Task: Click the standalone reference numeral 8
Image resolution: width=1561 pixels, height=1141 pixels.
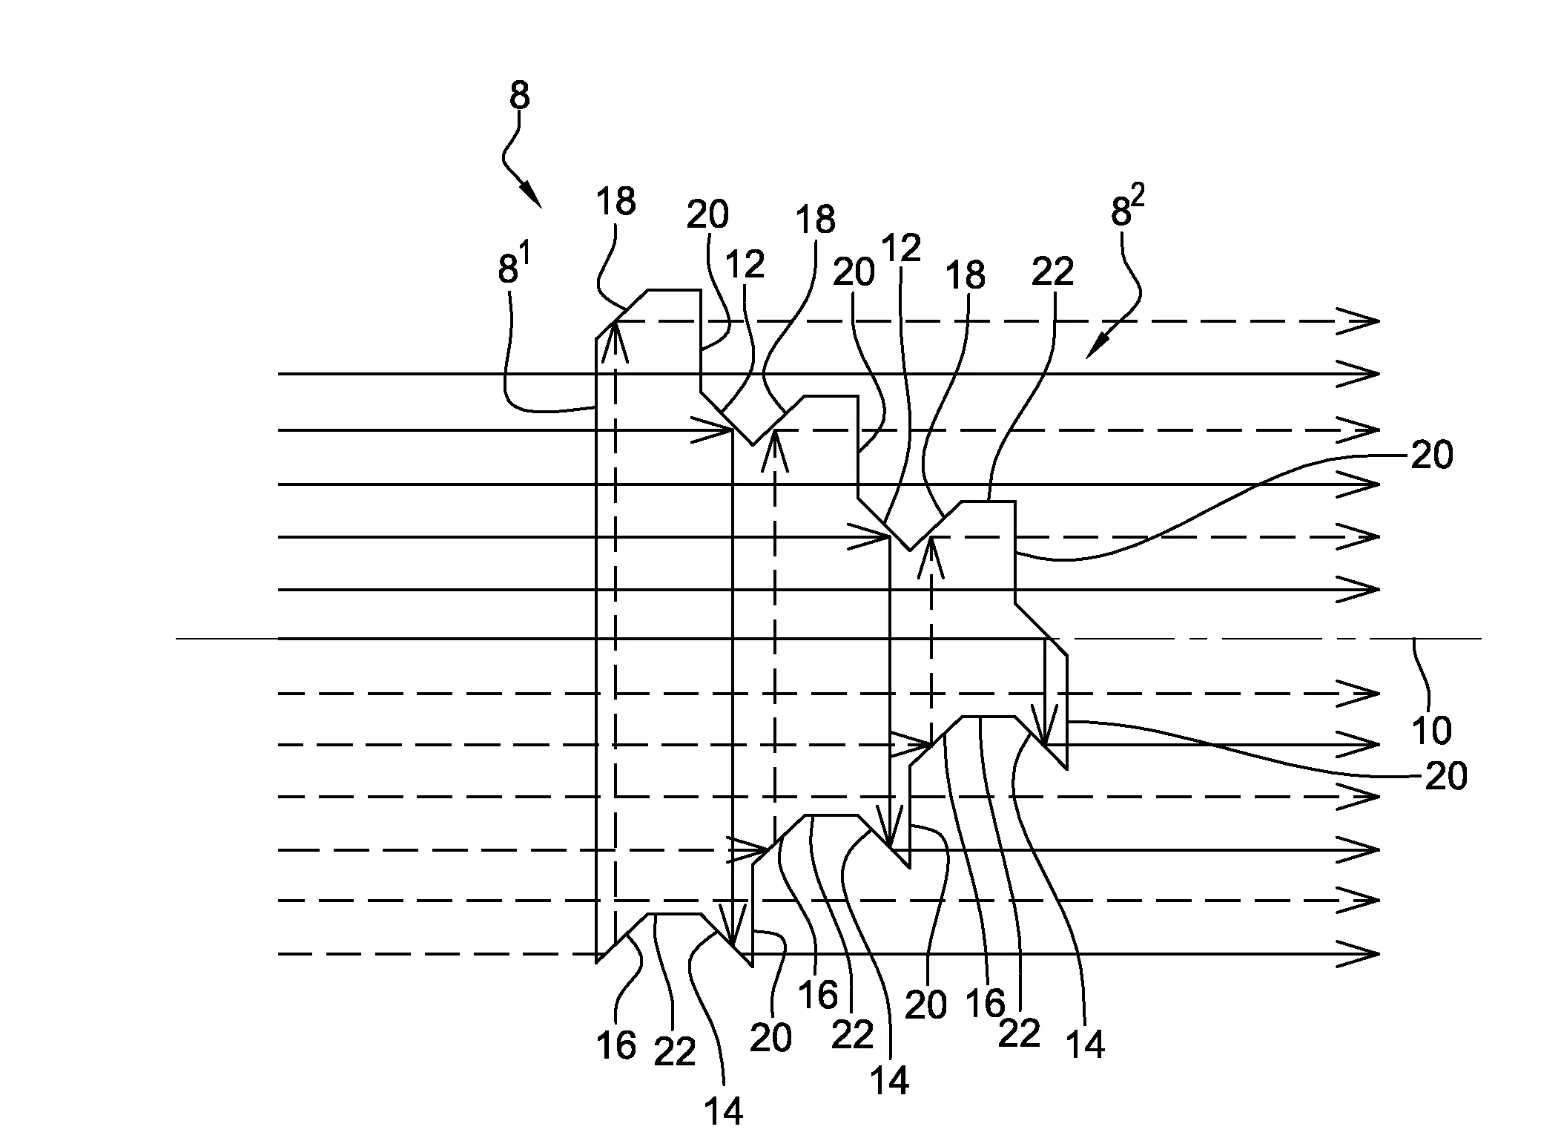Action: (520, 96)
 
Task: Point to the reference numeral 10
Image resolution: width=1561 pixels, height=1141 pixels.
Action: (1431, 731)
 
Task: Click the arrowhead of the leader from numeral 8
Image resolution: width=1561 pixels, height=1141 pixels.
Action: (532, 196)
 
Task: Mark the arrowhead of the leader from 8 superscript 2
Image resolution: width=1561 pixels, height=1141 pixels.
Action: (1096, 348)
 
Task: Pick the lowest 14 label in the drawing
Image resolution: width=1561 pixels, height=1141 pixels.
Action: (724, 1113)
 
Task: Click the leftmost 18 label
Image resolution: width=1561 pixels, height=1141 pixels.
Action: (616, 201)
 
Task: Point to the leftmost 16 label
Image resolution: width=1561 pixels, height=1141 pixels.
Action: (616, 1046)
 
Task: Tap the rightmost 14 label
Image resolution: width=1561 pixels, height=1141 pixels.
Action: (1085, 1045)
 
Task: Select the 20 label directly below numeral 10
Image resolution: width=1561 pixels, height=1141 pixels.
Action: (1446, 777)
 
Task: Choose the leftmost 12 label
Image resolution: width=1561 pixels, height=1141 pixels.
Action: (745, 264)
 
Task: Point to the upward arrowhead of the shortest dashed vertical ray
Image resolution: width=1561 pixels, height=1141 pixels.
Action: (931, 558)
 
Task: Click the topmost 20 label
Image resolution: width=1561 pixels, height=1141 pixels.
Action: (707, 215)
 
